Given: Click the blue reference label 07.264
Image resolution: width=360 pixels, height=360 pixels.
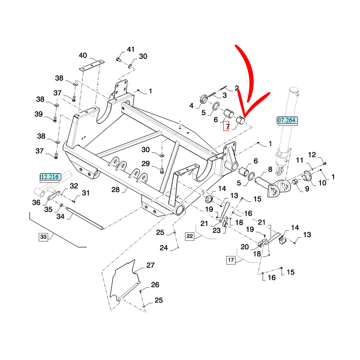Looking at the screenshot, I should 287,120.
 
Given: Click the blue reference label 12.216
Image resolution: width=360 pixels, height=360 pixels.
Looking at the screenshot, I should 50,177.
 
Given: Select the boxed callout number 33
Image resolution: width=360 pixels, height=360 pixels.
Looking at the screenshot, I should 43,237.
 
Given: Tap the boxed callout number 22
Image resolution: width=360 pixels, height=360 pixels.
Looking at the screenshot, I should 190,236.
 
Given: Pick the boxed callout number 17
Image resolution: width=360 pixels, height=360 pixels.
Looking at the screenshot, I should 231,260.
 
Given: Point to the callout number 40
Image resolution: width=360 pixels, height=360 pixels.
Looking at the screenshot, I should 83,56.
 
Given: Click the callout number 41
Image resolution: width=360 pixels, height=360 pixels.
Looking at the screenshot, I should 130,49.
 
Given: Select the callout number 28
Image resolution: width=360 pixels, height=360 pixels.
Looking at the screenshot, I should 116,189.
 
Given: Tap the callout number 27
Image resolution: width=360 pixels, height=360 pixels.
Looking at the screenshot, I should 150,265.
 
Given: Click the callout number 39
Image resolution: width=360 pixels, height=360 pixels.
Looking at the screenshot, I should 39,114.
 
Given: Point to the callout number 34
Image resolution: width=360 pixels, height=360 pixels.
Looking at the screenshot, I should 60,216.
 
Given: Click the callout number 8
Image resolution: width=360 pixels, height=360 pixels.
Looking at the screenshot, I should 270,170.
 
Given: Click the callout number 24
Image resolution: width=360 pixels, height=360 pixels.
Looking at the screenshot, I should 163,248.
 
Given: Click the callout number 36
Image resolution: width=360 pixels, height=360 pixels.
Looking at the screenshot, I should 36,202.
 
